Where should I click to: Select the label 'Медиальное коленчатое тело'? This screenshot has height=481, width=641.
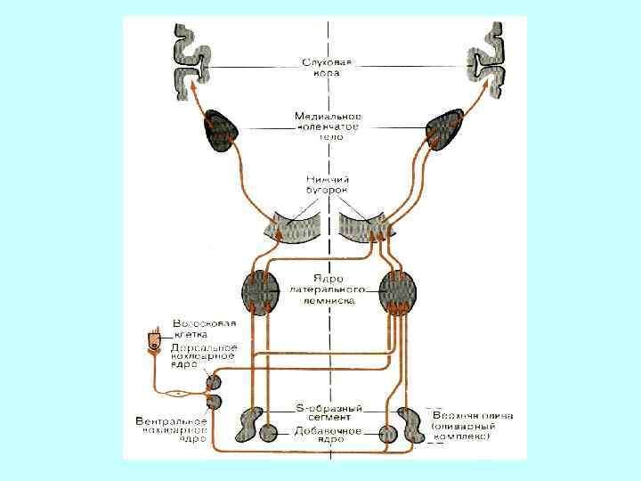pyautogui.click(x=327, y=126)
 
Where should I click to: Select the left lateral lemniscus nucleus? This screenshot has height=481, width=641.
pyautogui.click(x=262, y=291)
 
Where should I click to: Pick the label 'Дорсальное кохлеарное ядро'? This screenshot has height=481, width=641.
pyautogui.click(x=205, y=355)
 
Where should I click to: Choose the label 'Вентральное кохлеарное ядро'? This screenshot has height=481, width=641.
pyautogui.click(x=173, y=428)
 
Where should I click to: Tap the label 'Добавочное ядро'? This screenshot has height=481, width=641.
pyautogui.click(x=326, y=436)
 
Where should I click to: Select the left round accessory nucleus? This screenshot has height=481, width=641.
pyautogui.click(x=268, y=435)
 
